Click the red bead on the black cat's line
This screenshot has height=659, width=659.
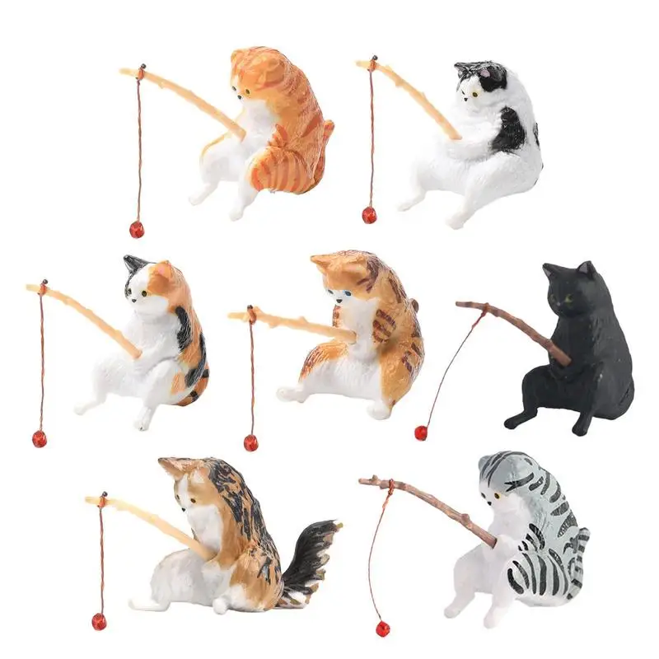click(x=421, y=432)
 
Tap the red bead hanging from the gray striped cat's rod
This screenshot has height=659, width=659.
click(x=382, y=629)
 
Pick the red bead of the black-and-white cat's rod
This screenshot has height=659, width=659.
click(x=369, y=215)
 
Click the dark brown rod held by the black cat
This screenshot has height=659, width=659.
click(x=519, y=330)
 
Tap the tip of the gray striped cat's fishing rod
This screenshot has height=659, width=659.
click(x=363, y=480)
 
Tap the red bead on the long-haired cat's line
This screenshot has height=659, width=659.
click(x=99, y=621)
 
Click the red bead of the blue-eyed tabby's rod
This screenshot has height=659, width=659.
click(x=251, y=442)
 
